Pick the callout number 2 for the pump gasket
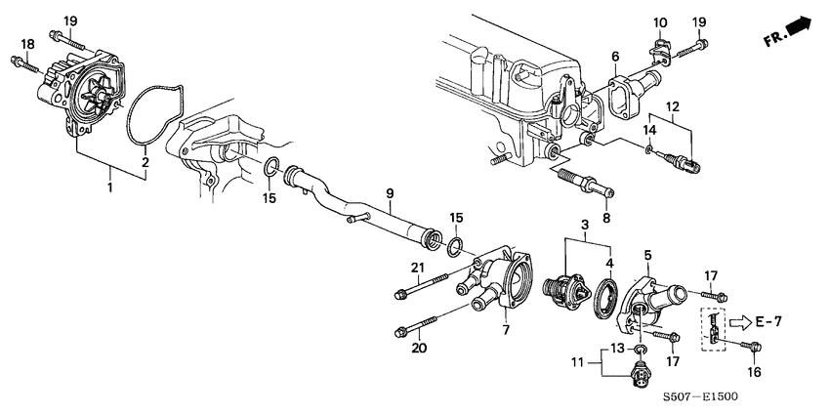(x=144, y=162)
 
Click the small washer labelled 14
(x=650, y=149)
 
